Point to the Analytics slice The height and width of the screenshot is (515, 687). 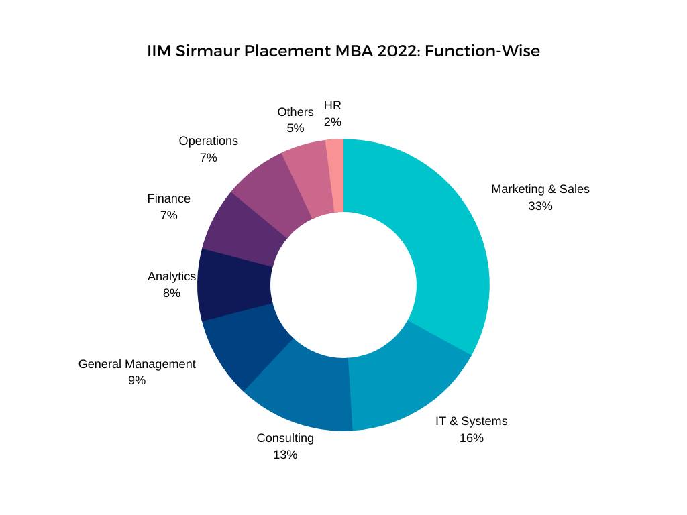point(235,285)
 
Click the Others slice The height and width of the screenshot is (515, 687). point(307,178)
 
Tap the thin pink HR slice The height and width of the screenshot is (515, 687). point(335,176)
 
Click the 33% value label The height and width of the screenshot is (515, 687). point(540,206)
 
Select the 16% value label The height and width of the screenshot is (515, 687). point(471,438)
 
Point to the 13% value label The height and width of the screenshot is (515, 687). point(285,455)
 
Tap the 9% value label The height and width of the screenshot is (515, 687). point(137,380)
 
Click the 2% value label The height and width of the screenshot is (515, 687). point(333,122)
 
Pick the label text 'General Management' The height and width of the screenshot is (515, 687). point(137,364)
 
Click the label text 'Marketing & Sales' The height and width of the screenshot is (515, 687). point(540,189)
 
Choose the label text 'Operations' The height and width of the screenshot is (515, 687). point(208,141)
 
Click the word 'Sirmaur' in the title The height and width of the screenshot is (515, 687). point(207,51)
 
